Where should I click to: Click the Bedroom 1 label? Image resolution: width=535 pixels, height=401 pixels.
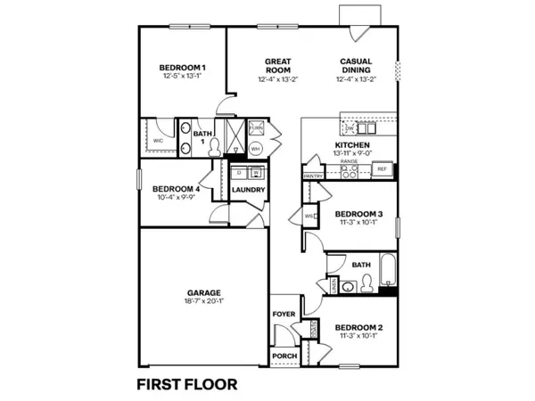(x=183, y=68)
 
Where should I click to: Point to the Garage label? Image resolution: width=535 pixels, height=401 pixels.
(x=204, y=291)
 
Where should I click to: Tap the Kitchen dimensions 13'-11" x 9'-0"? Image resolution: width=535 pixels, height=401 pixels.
(x=352, y=153)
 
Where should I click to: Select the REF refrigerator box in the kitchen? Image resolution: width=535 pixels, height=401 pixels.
(x=382, y=168)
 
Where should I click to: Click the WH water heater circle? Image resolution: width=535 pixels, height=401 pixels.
(x=255, y=148)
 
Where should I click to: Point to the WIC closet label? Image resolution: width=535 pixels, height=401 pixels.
(x=157, y=141)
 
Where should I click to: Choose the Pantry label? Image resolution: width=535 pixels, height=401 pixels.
(x=313, y=176)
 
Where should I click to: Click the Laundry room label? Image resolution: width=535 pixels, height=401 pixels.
(x=247, y=190)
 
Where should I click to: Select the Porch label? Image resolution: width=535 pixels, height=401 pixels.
(x=283, y=356)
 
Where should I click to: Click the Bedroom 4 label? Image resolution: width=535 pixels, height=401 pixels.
(x=175, y=188)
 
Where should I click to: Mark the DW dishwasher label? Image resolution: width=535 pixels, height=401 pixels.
(x=350, y=129)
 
